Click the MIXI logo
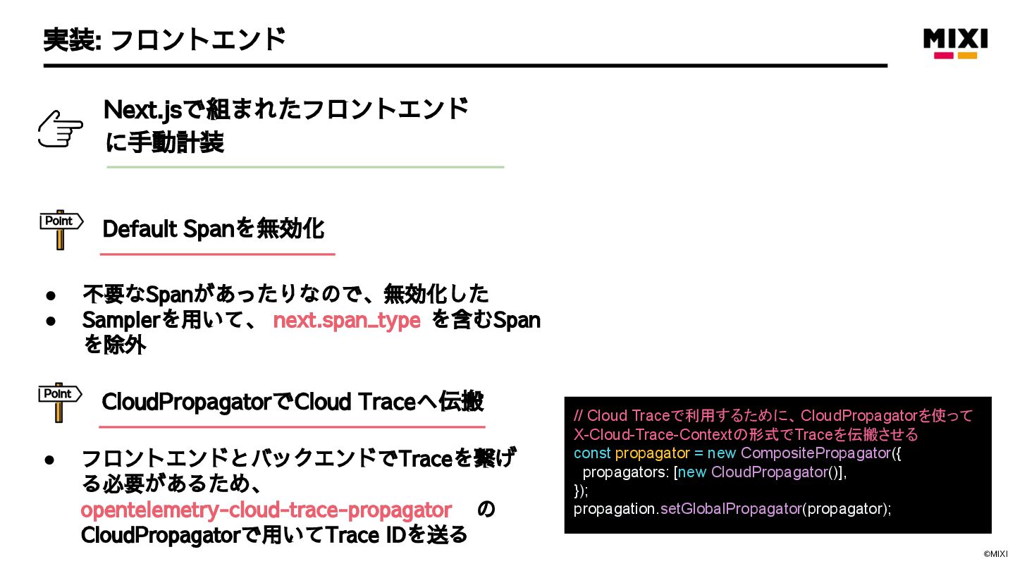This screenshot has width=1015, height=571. [x=955, y=42]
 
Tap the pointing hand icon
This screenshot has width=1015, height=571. [x=60, y=129]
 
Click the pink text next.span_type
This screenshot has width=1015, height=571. [x=346, y=320]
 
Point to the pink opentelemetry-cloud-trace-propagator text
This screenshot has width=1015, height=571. [x=266, y=510]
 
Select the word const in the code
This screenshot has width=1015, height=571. [x=592, y=453]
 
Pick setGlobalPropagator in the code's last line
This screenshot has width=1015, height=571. [x=730, y=508]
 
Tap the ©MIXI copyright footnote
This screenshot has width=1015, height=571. [x=995, y=554]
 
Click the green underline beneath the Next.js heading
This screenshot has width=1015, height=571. [x=305, y=167]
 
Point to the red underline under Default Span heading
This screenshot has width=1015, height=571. [x=217, y=254]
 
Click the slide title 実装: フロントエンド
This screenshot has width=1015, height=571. [x=164, y=39]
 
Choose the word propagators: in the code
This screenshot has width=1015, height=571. [x=623, y=472]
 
